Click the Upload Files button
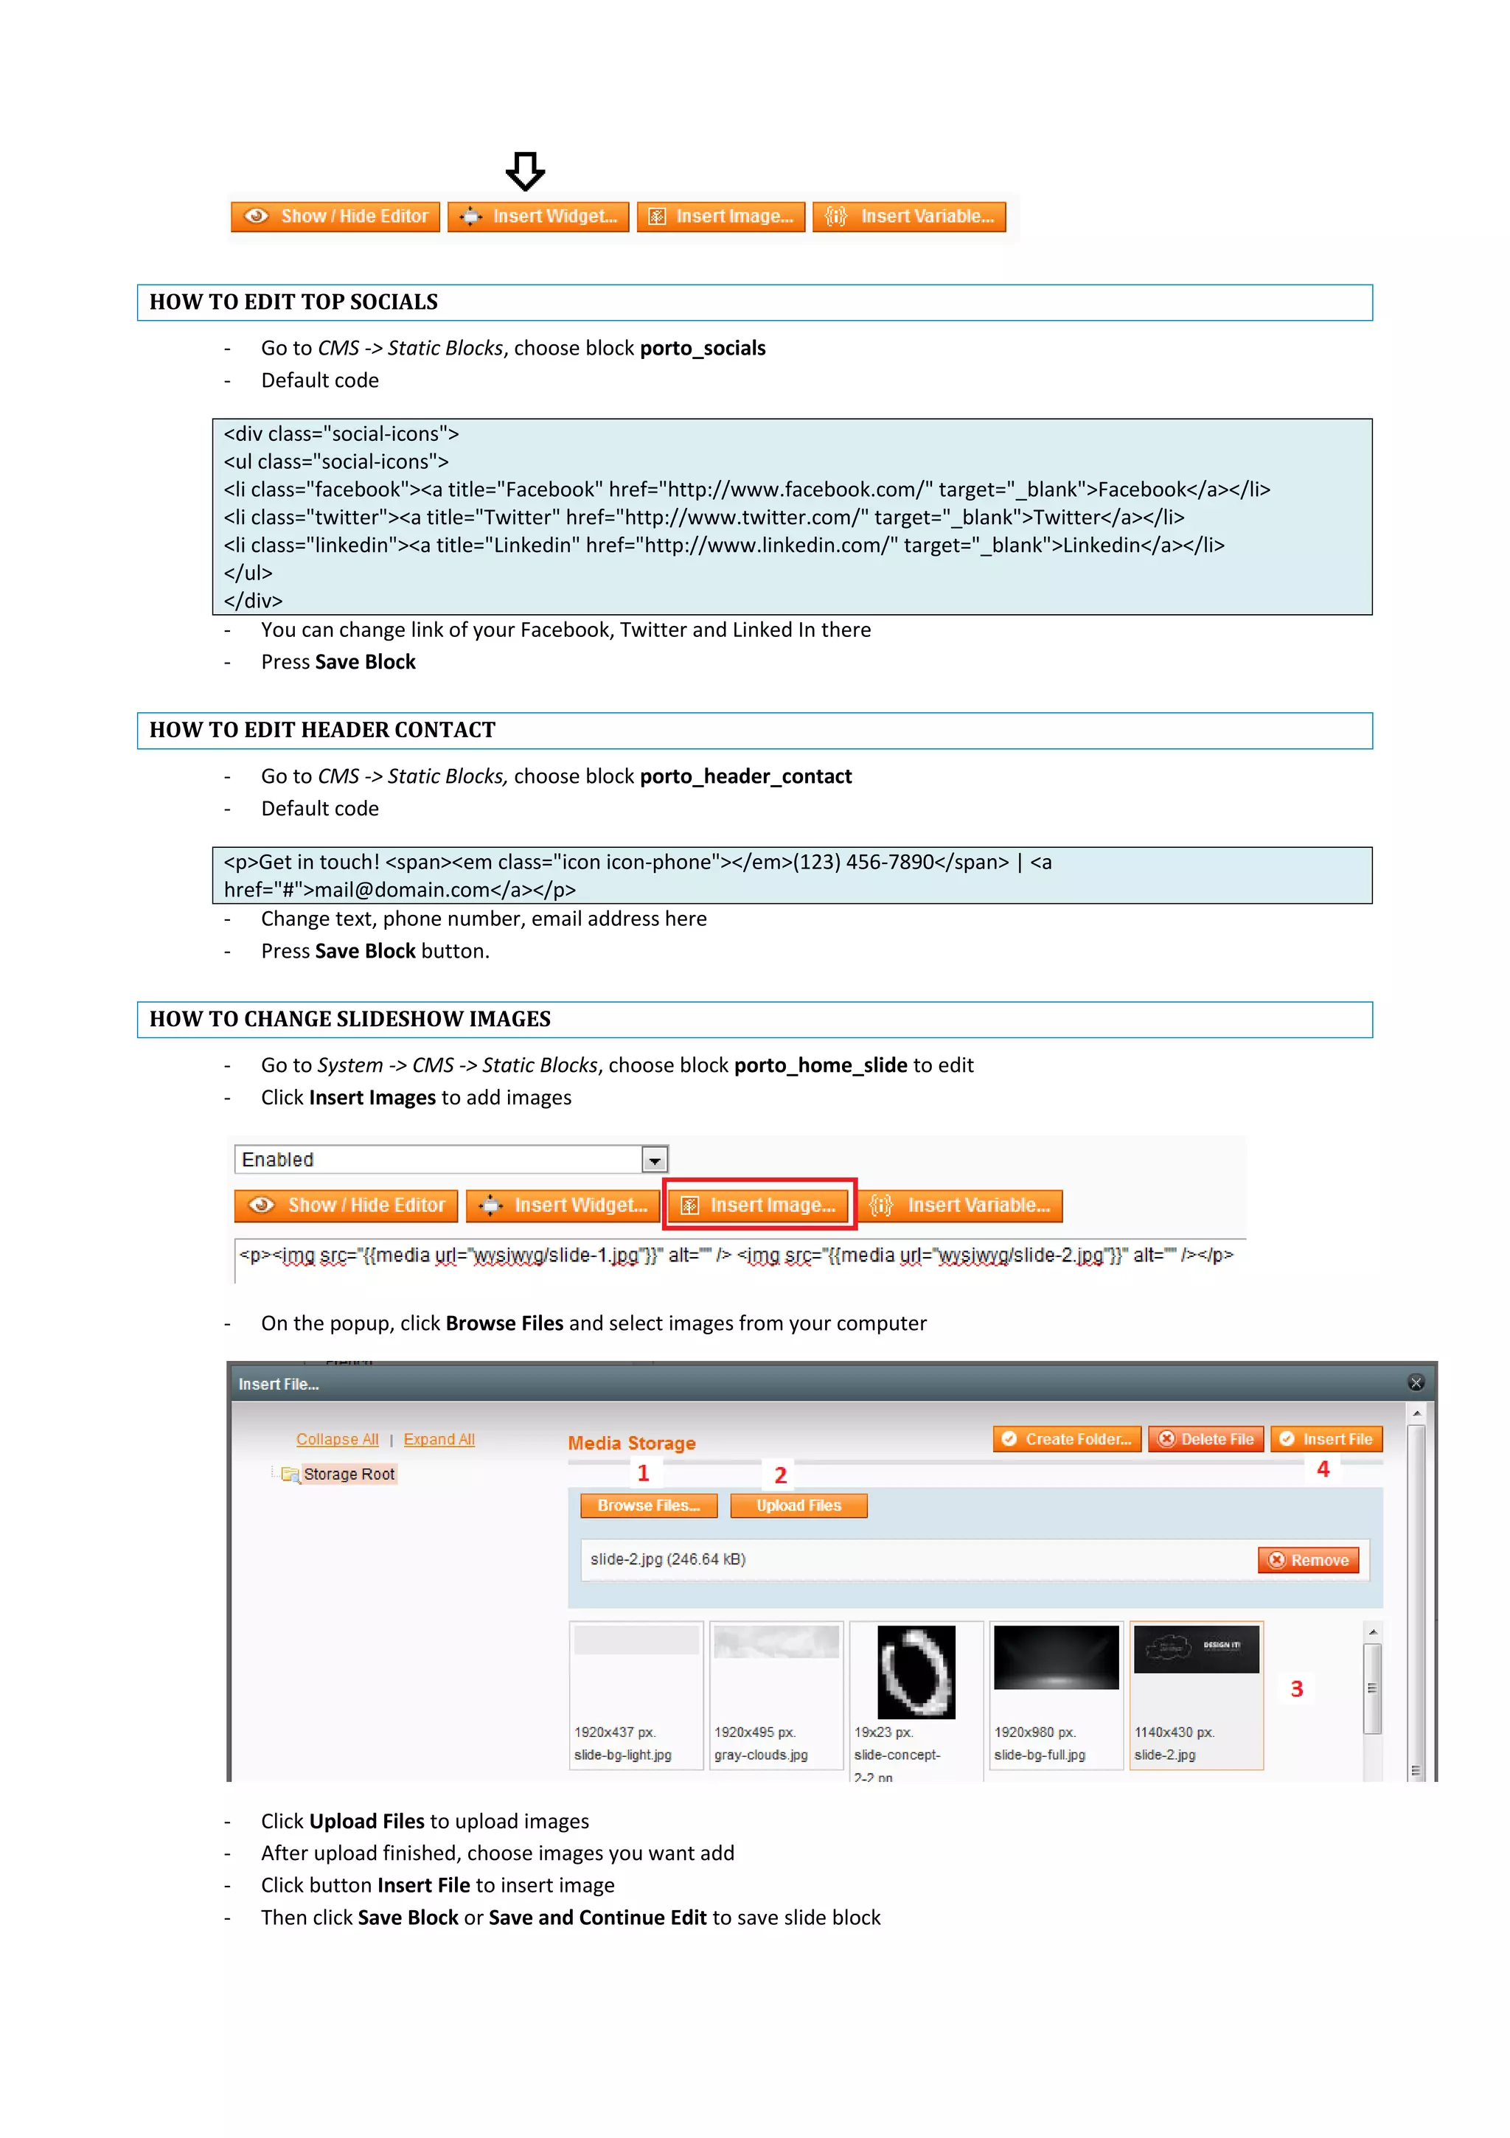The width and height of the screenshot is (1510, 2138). tap(799, 1505)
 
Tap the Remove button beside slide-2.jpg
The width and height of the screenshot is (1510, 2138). tap(1308, 1560)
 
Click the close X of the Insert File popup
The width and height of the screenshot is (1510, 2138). tap(1415, 1383)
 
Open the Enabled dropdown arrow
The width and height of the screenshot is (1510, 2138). tap(655, 1160)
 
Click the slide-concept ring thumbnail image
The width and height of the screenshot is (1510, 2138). tap(916, 1671)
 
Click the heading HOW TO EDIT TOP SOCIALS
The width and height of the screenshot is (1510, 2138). tap(293, 302)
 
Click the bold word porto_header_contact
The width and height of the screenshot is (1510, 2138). tap(745, 776)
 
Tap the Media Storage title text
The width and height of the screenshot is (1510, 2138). tap(632, 1444)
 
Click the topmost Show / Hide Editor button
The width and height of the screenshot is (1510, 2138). tap(335, 217)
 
